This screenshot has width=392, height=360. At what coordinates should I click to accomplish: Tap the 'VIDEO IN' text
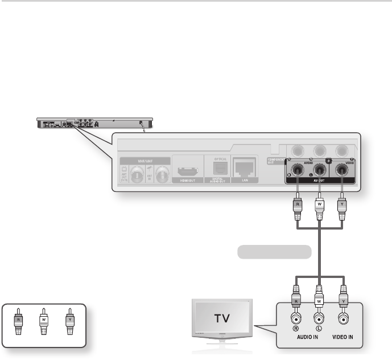342,337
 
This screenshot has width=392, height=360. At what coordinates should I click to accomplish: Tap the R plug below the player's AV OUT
296,203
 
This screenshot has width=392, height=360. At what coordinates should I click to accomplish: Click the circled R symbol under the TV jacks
296,328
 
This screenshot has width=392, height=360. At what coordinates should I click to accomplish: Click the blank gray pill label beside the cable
274,251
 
